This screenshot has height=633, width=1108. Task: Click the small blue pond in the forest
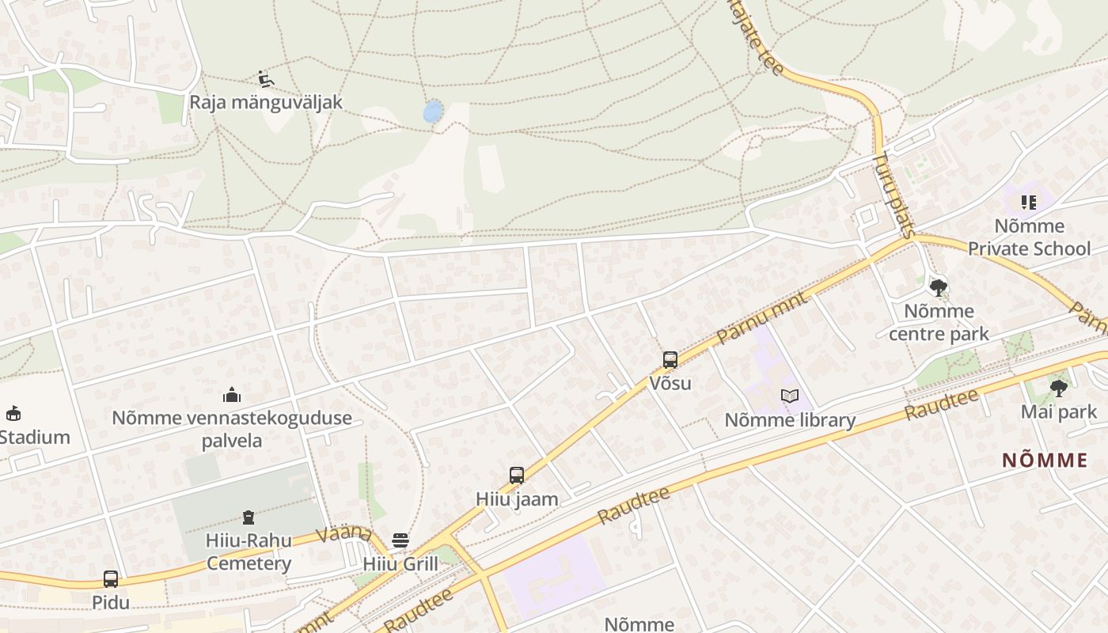point(432,112)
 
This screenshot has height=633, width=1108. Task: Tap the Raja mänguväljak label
point(266,102)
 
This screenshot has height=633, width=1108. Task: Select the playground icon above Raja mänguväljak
point(266,78)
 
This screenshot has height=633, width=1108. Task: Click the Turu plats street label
point(894,195)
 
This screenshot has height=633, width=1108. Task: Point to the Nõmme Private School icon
point(1028,203)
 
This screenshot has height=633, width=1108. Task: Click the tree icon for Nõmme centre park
point(939,287)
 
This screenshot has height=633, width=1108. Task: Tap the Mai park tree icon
point(1058,388)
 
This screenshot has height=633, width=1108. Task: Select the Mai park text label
point(1059,411)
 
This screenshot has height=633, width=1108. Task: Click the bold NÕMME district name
point(1045,461)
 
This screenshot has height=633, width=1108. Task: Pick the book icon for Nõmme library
point(789,396)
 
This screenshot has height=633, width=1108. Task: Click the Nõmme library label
point(790,420)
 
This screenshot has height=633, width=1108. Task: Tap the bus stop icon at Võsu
point(670,360)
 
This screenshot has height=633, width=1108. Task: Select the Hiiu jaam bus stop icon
point(517,476)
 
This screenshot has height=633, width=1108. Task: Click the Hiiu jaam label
point(517,499)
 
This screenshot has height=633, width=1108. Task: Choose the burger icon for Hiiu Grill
point(400,540)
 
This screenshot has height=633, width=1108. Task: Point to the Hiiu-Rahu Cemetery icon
point(249,518)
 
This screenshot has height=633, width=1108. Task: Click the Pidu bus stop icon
point(111,579)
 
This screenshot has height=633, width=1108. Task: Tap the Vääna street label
point(344,533)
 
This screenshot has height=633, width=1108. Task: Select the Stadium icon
point(13,413)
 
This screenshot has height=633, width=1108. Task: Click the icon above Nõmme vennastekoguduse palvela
point(232,394)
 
